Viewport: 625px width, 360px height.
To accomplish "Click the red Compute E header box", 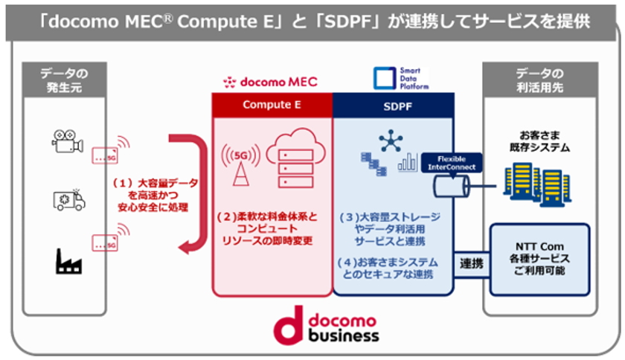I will point(272,105).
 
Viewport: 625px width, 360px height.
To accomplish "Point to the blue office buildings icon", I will point(537,187).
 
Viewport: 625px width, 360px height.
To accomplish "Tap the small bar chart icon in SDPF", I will point(408,162).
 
